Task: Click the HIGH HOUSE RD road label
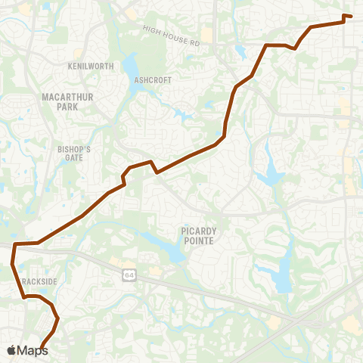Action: [x=170, y=36]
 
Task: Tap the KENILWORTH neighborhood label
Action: [x=91, y=67]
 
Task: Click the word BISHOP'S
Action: [x=73, y=150]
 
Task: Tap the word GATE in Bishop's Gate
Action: [x=73, y=159]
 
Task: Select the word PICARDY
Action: [x=197, y=231]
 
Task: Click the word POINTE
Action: [x=197, y=240]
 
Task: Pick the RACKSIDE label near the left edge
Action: [x=39, y=281]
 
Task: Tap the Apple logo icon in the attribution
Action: [x=12, y=350]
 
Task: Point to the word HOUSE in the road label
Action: [x=172, y=36]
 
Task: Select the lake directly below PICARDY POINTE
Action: [x=170, y=250]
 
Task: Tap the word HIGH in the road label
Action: [x=150, y=30]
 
